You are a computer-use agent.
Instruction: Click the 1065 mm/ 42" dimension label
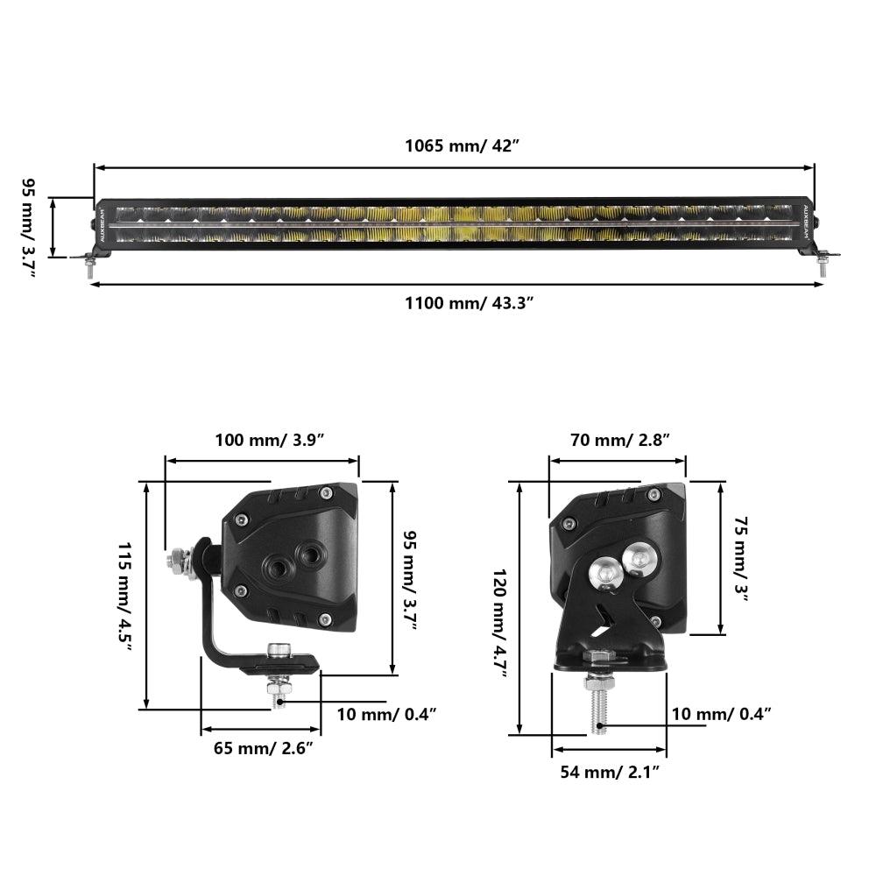point(462,145)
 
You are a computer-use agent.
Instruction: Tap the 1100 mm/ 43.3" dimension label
point(469,304)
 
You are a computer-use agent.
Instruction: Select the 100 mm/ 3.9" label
point(270,439)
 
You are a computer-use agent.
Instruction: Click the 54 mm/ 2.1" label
point(610,771)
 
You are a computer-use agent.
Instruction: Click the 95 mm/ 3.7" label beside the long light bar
point(29,228)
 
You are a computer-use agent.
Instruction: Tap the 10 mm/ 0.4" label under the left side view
point(386,713)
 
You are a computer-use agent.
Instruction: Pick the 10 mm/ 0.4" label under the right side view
point(721,713)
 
